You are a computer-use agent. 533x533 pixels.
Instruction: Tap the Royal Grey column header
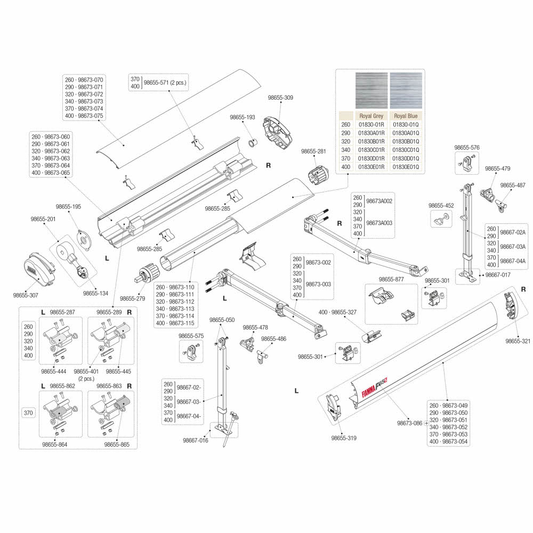tap(371, 116)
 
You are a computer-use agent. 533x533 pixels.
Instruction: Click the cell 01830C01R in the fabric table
tap(371, 150)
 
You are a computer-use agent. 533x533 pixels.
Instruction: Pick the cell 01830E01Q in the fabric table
tap(406, 167)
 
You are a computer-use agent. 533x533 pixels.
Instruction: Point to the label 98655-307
tap(27, 294)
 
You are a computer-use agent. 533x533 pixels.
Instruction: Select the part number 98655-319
tap(344, 438)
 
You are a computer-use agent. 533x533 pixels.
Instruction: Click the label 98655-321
tap(518, 341)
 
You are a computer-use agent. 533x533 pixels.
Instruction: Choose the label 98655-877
tap(391, 279)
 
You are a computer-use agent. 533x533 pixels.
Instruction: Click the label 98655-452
tap(441, 205)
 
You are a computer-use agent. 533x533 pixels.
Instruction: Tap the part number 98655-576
tap(467, 148)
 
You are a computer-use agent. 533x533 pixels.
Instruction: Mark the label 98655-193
tap(243, 117)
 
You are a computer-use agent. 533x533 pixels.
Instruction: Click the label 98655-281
tap(313, 151)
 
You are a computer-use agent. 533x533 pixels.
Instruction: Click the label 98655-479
tap(497, 168)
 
